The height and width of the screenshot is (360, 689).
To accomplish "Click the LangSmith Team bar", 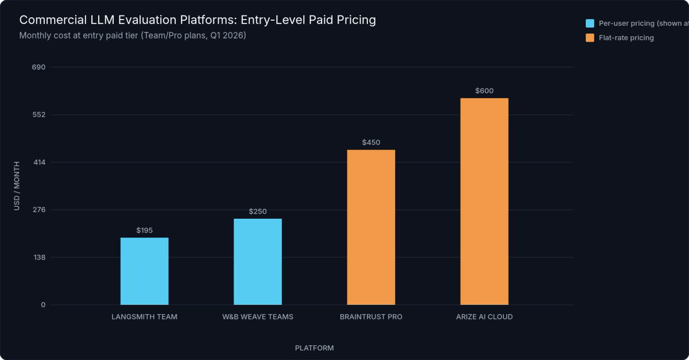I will click(144, 271).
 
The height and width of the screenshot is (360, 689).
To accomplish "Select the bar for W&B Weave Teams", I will click(257, 261).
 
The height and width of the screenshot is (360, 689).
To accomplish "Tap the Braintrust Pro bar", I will click(371, 227).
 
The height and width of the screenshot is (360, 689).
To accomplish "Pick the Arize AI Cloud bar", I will click(484, 201).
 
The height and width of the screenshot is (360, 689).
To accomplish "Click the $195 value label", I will click(144, 230).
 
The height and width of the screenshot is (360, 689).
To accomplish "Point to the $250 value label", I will click(257, 211).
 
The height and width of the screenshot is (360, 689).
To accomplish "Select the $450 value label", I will click(371, 142).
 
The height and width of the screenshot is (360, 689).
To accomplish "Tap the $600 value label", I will click(484, 91).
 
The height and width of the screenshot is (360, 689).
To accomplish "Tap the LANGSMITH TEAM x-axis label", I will click(144, 317).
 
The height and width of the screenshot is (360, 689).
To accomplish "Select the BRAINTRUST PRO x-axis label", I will click(371, 317).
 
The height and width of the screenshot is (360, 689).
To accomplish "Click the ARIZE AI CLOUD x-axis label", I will click(484, 317).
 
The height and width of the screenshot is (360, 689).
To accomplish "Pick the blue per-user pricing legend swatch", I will click(590, 24).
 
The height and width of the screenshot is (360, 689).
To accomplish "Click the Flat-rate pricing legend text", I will click(626, 38).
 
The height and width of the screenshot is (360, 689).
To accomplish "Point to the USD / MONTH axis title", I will click(17, 185).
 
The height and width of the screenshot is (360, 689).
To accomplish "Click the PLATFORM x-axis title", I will click(314, 348).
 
